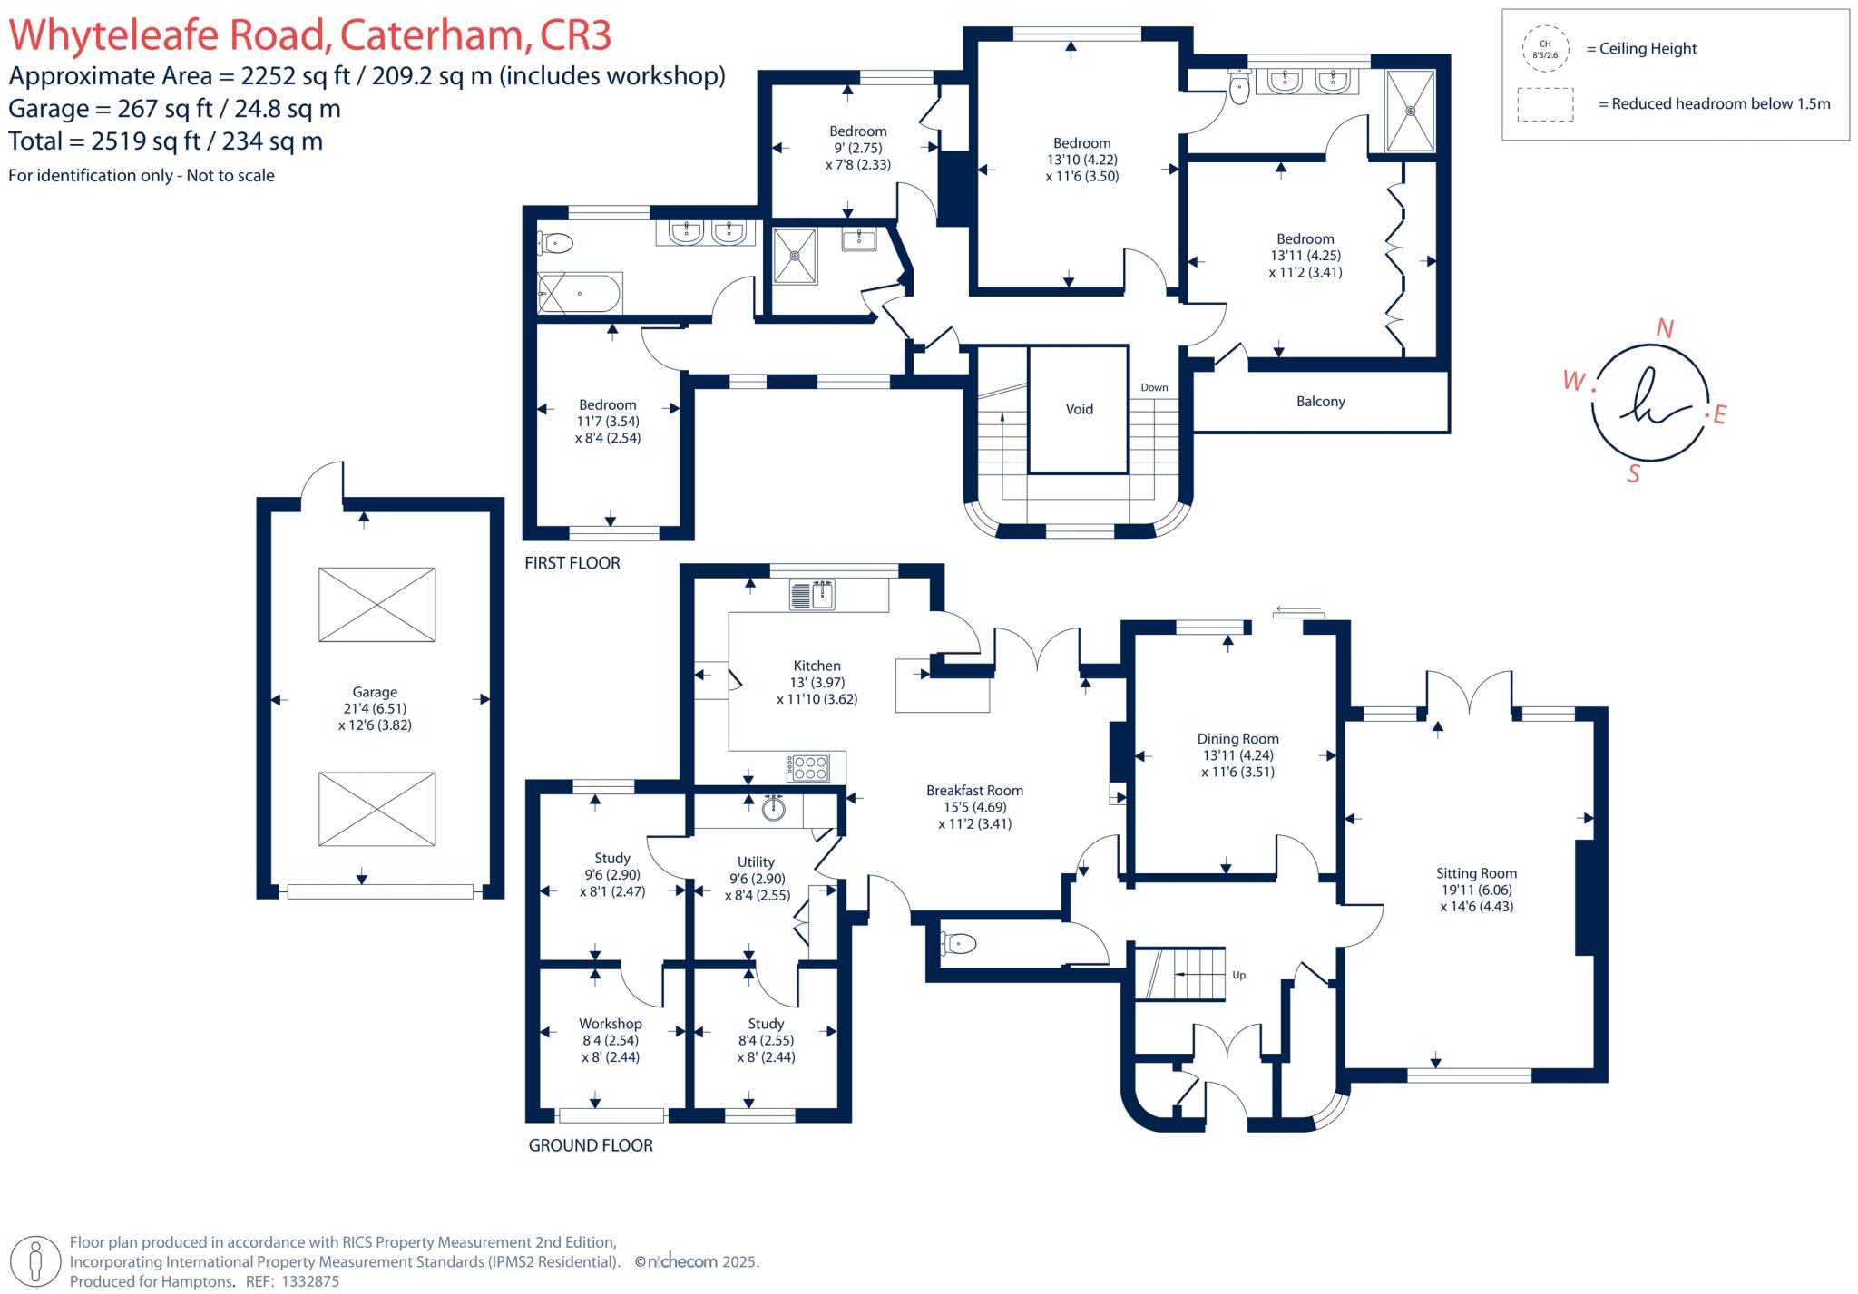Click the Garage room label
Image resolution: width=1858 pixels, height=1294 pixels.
click(375, 692)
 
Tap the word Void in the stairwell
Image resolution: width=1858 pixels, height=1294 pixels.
click(1079, 409)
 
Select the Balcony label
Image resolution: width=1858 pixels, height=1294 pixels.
click(1320, 401)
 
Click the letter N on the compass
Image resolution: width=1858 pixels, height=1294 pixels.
click(1664, 328)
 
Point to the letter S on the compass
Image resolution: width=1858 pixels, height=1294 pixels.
click(1633, 473)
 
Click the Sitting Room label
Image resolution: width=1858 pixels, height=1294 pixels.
click(1476, 873)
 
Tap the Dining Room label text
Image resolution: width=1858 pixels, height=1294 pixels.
click(1237, 738)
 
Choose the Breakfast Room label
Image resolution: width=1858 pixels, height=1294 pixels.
click(974, 790)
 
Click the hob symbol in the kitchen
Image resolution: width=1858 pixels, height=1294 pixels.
click(808, 767)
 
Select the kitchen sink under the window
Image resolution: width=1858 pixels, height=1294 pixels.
click(813, 595)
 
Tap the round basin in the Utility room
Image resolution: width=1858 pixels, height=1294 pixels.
click(773, 807)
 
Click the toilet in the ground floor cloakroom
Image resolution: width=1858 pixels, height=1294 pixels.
click(958, 944)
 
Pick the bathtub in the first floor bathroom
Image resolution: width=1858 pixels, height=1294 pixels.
click(581, 294)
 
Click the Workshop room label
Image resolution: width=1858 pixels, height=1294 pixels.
click(610, 1024)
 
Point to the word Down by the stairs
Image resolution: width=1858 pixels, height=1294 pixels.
click(1154, 387)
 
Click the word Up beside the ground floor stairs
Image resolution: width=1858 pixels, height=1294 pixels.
click(1238, 976)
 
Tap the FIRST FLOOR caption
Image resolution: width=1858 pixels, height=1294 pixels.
click(572, 563)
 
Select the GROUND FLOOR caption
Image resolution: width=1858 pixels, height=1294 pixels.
click(591, 1145)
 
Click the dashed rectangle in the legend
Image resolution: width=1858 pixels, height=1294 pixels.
click(1545, 104)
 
